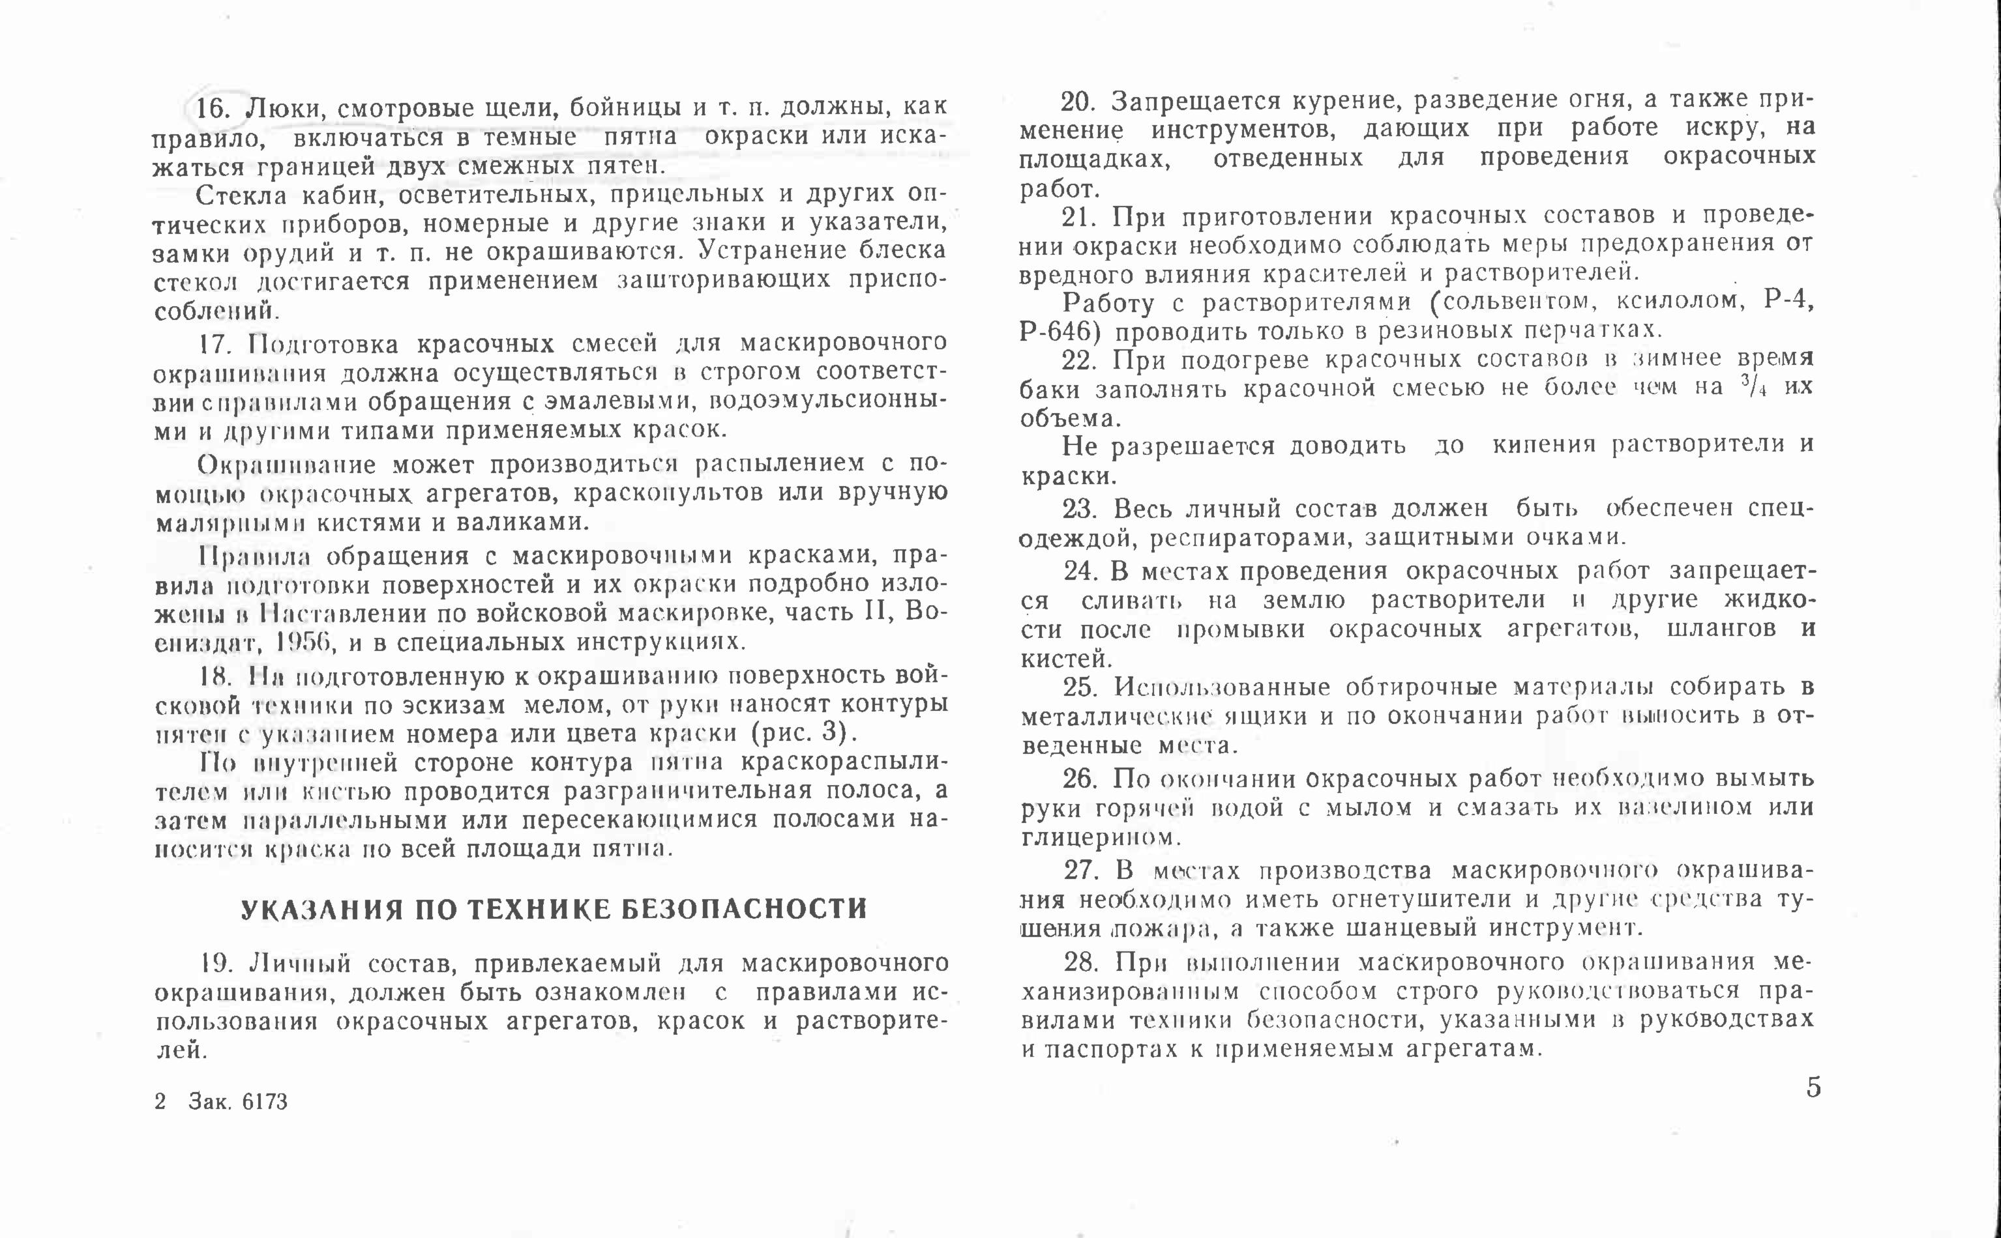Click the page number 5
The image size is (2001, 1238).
point(1813,1087)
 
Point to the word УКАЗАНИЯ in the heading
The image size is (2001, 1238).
point(323,910)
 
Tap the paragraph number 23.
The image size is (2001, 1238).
point(1080,510)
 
